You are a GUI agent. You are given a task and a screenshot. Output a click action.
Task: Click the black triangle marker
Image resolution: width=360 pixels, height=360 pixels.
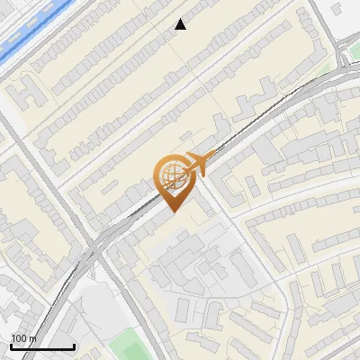point(181,25)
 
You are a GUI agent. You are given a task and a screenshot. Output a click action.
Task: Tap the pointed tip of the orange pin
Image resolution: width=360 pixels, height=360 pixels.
point(171,211)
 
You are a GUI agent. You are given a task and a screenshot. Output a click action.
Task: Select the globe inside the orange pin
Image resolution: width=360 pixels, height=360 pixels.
point(171,175)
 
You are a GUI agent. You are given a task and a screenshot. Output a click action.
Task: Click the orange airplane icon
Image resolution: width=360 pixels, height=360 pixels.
point(197,165)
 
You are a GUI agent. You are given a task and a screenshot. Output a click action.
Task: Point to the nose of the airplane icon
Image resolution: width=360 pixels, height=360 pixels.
point(211,158)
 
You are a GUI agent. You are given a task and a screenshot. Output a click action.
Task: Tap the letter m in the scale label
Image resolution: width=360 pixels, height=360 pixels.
point(33,338)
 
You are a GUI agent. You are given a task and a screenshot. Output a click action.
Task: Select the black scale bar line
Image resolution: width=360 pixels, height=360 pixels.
point(42,346)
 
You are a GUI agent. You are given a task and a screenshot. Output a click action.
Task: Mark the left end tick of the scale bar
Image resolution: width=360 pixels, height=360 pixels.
point(11,345)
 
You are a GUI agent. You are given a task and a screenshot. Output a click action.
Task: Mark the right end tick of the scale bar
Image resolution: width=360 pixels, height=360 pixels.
point(74,345)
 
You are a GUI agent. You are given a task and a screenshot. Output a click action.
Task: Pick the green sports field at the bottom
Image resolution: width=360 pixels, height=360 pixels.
point(130,346)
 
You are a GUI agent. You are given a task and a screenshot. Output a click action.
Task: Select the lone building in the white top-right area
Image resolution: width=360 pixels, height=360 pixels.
point(337,8)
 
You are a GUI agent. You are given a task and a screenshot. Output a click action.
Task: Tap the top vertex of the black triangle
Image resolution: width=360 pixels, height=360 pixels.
point(181,19)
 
